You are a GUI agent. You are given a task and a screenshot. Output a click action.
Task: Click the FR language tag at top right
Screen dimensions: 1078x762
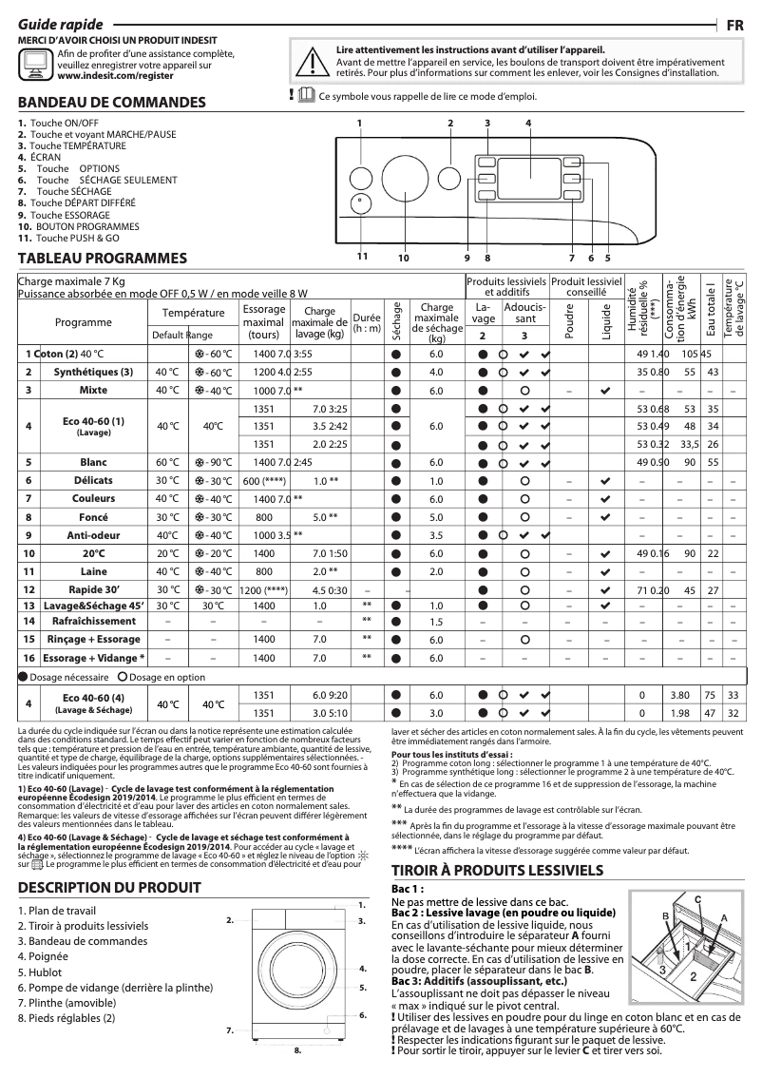click(x=734, y=26)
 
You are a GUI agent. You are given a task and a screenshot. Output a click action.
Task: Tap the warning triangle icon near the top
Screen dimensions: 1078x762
click(x=310, y=62)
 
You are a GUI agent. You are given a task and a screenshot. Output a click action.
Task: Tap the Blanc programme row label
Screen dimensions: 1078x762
click(x=94, y=462)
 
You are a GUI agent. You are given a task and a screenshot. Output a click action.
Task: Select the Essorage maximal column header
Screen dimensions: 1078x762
click(x=264, y=322)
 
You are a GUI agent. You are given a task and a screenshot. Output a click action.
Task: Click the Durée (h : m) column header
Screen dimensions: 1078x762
click(x=366, y=322)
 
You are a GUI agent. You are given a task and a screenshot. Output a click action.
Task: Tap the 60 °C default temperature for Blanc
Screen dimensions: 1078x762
click(x=166, y=462)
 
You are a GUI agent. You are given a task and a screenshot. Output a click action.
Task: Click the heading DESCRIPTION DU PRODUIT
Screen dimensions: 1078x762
click(x=109, y=887)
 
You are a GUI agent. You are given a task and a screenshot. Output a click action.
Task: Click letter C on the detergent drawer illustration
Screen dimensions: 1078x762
click(x=696, y=898)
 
